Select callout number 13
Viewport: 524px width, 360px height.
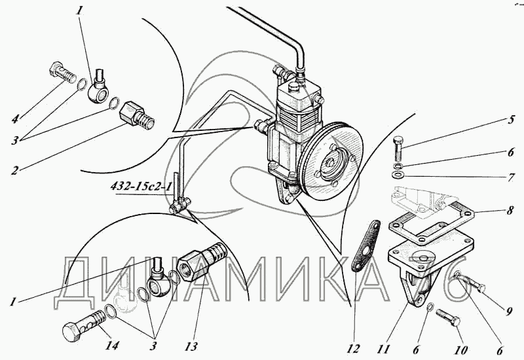point(191,346)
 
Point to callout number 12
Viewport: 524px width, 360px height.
point(354,349)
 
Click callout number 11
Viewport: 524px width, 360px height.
point(383,349)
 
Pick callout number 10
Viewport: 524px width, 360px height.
point(460,350)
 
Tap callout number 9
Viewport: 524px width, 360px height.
point(509,312)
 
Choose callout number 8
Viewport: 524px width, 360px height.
point(510,211)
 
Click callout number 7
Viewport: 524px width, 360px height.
point(511,177)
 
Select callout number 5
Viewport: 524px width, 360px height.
point(511,120)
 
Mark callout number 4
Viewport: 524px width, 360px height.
point(15,118)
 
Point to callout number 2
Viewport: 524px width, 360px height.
point(14,170)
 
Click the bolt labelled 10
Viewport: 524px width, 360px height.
point(448,317)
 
